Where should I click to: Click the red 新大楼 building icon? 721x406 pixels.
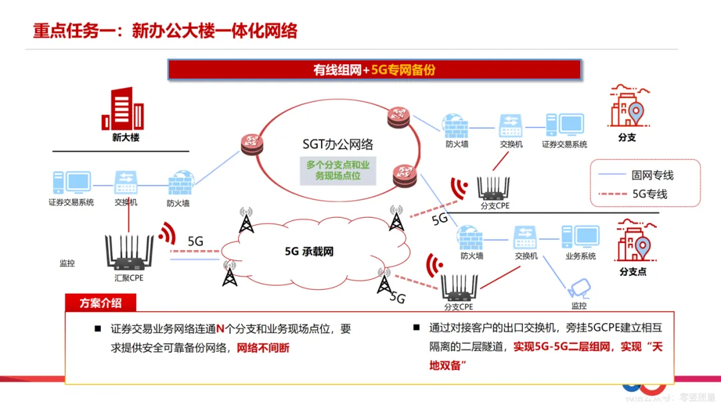pyautogui.click(x=123, y=108)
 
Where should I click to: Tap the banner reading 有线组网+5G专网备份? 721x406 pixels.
pyautogui.click(x=374, y=69)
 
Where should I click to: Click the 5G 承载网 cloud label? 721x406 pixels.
pyautogui.click(x=308, y=251)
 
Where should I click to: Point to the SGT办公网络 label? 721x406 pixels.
pyautogui.click(x=337, y=144)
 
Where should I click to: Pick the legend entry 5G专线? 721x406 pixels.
pyautogui.click(x=650, y=194)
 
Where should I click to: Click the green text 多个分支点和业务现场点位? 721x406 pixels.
pyautogui.click(x=337, y=170)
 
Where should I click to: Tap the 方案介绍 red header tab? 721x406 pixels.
pyautogui.click(x=101, y=302)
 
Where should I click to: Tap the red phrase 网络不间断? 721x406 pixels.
pyautogui.click(x=264, y=348)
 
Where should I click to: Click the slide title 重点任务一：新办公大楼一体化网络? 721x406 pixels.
pyautogui.click(x=166, y=31)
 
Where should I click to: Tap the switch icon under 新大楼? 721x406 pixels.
pyautogui.click(x=126, y=181)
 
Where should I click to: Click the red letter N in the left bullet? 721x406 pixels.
pyautogui.click(x=220, y=329)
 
